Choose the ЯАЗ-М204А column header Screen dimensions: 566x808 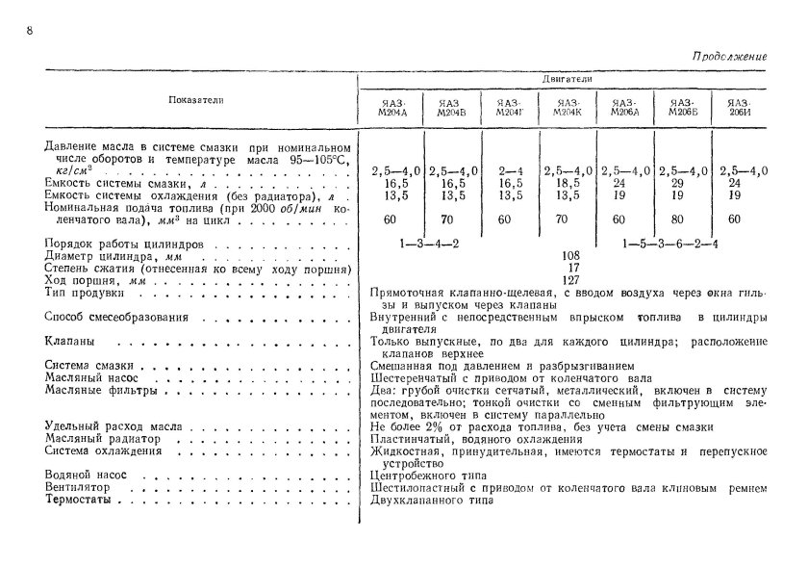(394, 106)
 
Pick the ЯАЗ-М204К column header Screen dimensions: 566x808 (568, 106)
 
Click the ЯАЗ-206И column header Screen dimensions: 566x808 (739, 106)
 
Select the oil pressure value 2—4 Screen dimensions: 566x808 (511, 171)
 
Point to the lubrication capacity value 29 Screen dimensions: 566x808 (682, 183)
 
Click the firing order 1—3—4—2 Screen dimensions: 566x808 (429, 244)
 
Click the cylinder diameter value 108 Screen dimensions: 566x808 (570, 256)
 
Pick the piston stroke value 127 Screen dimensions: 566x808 (570, 280)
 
